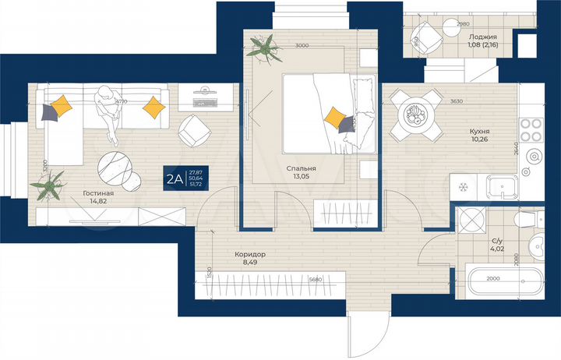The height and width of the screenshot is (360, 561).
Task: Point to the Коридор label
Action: pos(250,255)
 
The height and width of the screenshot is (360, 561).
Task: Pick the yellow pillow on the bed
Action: pos(336,118)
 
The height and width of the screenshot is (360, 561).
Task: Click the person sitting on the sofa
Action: pos(107,113)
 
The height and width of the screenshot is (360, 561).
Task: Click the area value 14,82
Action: pos(99,202)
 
